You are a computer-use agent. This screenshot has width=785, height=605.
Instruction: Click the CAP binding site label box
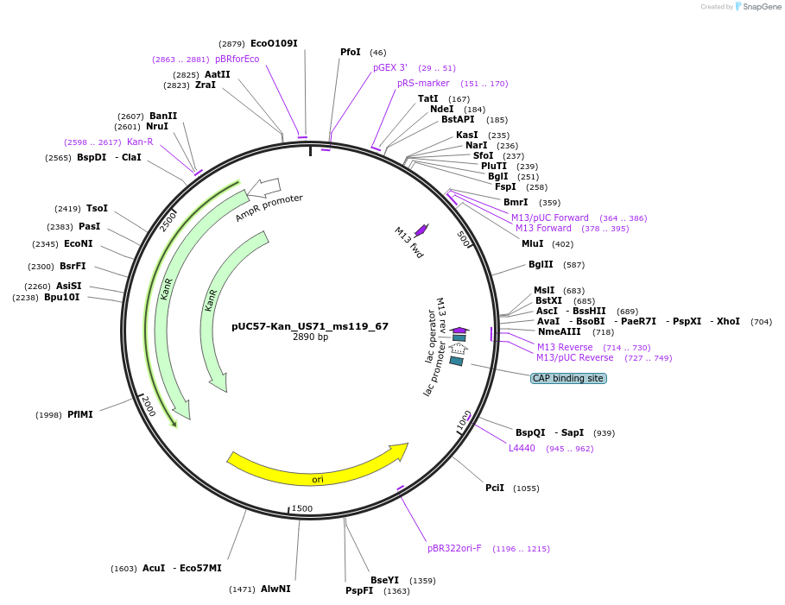[567, 378]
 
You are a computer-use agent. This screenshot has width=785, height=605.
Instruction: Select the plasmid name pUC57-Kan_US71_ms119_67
[310, 326]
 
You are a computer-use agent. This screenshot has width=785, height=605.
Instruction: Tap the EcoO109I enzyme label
[275, 43]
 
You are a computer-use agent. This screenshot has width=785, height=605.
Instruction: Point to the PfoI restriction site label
[351, 53]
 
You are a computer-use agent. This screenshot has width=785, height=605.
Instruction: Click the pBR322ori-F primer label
[454, 548]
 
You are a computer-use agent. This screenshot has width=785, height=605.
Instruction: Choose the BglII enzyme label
[541, 264]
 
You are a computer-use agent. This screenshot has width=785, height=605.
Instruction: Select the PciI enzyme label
[495, 488]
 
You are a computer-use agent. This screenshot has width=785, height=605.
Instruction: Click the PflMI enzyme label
[80, 414]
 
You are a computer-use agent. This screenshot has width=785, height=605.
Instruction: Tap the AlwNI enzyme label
[275, 589]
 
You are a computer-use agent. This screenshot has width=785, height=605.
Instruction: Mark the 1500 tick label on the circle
[301, 508]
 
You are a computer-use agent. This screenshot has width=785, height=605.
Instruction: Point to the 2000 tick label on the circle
[149, 406]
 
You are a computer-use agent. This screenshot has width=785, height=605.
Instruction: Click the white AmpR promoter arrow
[264, 187]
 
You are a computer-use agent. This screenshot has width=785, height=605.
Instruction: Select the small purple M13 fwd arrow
[421, 230]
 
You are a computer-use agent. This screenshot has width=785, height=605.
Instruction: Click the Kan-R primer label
[140, 142]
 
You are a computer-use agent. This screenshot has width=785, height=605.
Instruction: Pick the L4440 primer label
[522, 448]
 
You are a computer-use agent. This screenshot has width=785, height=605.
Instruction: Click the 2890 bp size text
[310, 337]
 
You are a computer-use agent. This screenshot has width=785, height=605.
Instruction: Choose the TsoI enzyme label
[97, 208]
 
